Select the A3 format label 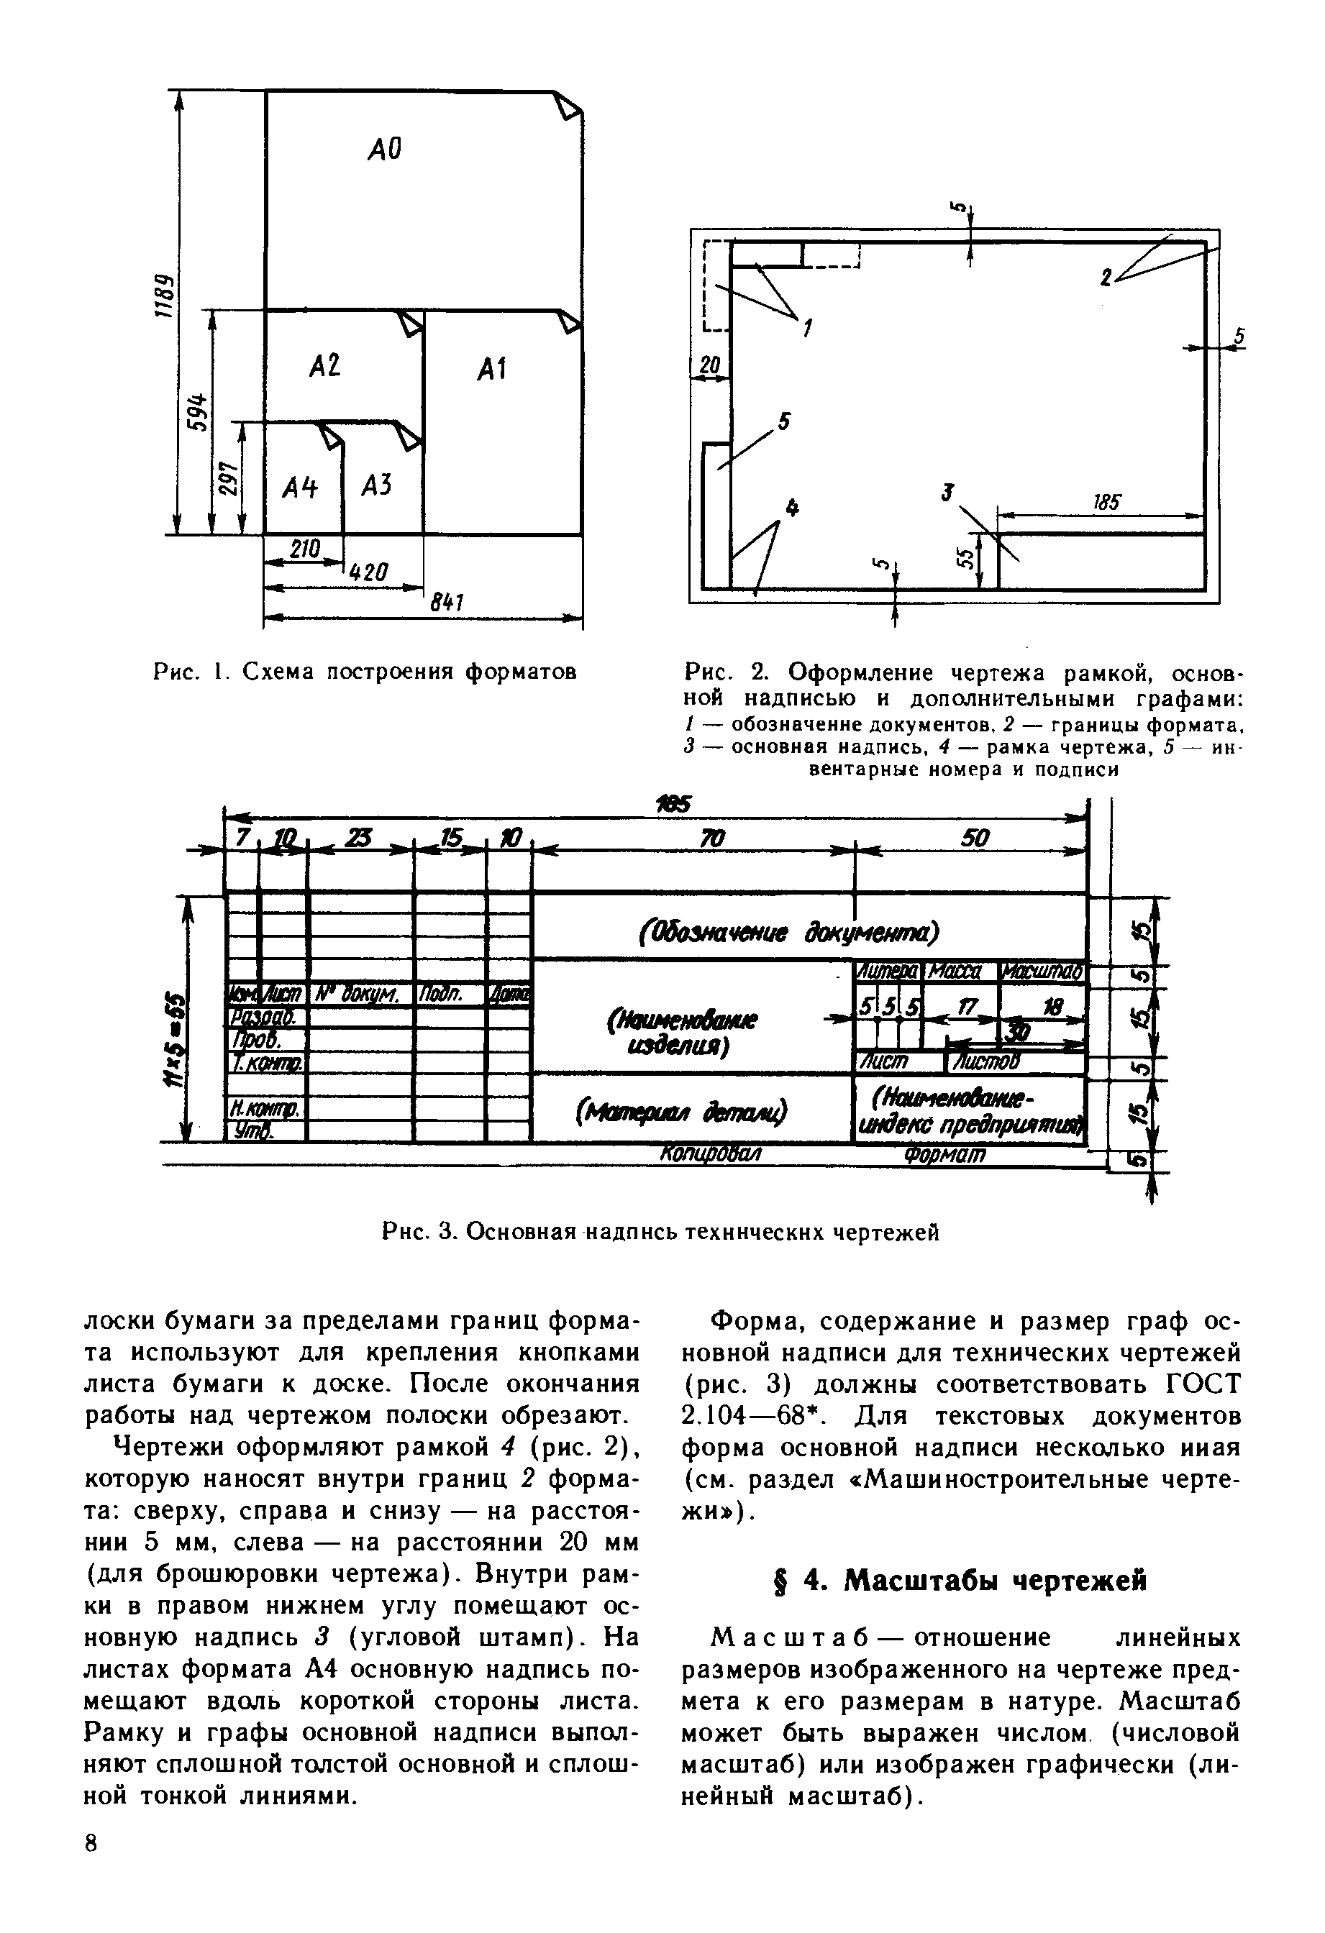point(377,485)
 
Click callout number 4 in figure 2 point(791,508)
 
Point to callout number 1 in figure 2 point(805,329)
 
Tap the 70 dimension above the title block point(712,839)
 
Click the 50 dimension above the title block point(975,839)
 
